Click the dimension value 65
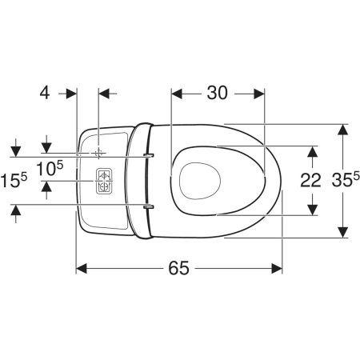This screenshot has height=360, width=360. click(178, 268)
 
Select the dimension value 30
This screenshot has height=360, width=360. click(218, 93)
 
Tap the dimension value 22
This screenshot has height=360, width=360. click(310, 180)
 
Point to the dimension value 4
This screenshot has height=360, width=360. click(45, 93)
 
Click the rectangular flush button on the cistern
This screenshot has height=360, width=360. click(104, 181)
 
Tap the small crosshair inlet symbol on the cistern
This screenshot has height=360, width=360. click(98, 153)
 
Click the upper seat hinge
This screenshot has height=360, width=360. click(149, 155)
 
